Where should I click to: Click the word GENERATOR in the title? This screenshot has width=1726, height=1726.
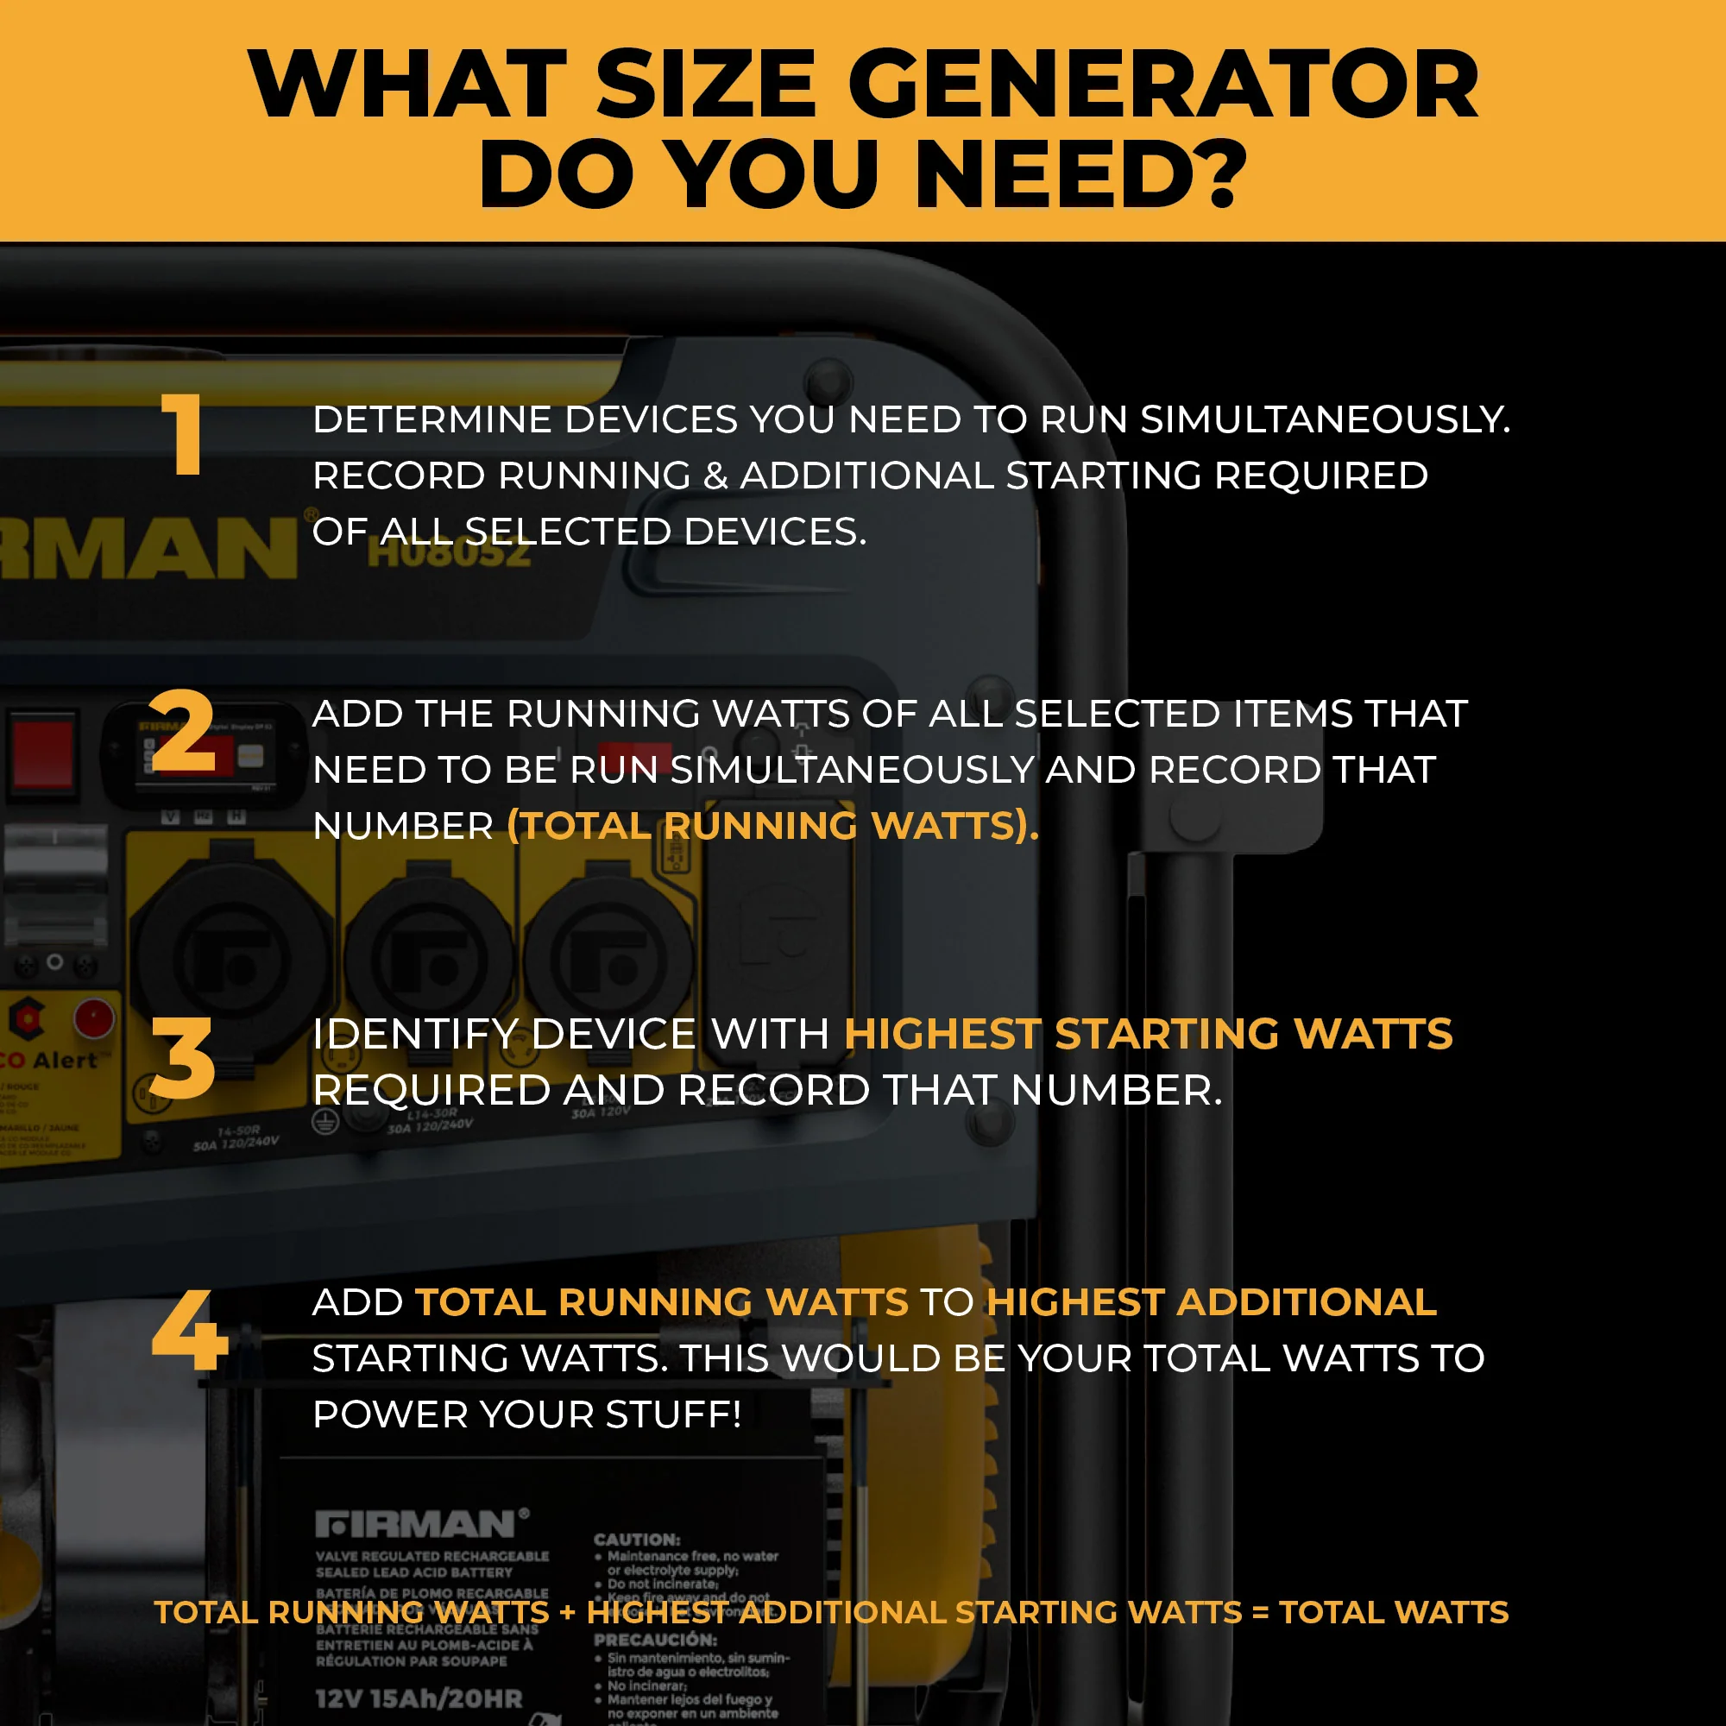pos(1162,85)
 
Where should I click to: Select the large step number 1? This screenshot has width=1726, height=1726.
pos(184,435)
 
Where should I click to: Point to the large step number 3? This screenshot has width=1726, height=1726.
pos(183,1059)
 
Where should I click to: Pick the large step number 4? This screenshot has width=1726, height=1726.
pos(189,1330)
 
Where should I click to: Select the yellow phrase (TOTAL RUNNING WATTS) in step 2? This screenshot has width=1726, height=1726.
pos(772,826)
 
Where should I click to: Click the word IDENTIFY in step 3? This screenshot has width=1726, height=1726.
pos(415,1035)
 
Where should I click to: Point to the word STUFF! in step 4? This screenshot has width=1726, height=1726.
pos(674,1414)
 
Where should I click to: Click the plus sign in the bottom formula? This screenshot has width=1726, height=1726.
pos(567,1613)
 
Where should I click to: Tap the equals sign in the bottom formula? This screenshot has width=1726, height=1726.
pos(1260,1613)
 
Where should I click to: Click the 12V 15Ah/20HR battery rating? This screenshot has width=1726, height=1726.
pos(418,1698)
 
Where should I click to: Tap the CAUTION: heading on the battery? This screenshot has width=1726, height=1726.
pos(637,1540)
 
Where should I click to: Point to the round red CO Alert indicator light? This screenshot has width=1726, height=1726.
pos(94,1017)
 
